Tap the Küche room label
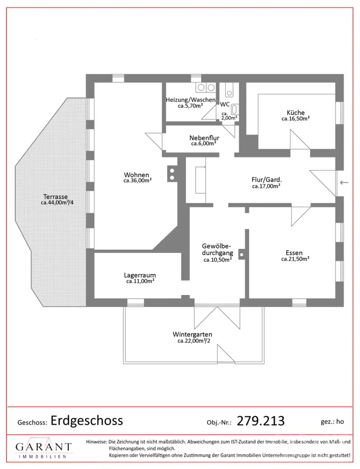click(x=296, y=113)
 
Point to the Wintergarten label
click(x=192, y=334)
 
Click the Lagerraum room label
click(x=140, y=275)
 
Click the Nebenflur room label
click(x=203, y=138)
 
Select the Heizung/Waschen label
click(x=190, y=100)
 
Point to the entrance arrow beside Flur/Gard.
click(x=345, y=182)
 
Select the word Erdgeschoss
click(x=86, y=420)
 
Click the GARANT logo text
click(x=44, y=447)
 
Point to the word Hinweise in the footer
click(x=96, y=442)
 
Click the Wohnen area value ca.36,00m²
click(x=138, y=181)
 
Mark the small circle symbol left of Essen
click(x=241, y=255)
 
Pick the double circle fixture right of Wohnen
click(x=172, y=174)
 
